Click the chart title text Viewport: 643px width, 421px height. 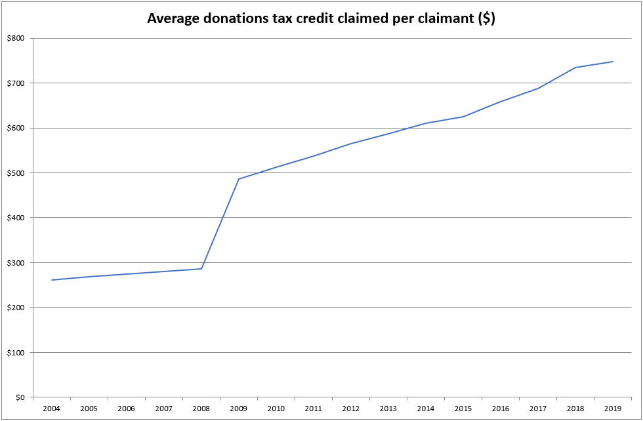click(321, 18)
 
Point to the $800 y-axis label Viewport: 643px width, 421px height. click(16, 39)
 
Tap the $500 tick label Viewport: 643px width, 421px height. click(16, 173)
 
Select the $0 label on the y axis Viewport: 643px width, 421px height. click(20, 397)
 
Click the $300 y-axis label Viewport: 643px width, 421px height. click(16, 263)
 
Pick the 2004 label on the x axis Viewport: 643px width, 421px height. click(51, 409)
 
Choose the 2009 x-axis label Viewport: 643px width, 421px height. click(239, 409)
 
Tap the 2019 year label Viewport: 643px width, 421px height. click(613, 409)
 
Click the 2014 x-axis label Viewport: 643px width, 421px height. click(426, 409)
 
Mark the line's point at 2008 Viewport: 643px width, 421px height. click(201, 269)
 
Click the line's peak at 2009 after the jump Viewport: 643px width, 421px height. click(239, 179)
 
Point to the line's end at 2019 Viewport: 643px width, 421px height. click(613, 62)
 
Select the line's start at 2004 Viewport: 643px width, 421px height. click(51, 280)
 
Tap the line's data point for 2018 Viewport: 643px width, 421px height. click(575, 68)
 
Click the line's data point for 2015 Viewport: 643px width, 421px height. click(463, 117)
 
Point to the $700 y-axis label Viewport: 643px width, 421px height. click(16, 83)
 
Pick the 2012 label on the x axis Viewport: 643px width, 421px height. click(351, 409)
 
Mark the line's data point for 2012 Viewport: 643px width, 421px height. click(351, 144)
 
